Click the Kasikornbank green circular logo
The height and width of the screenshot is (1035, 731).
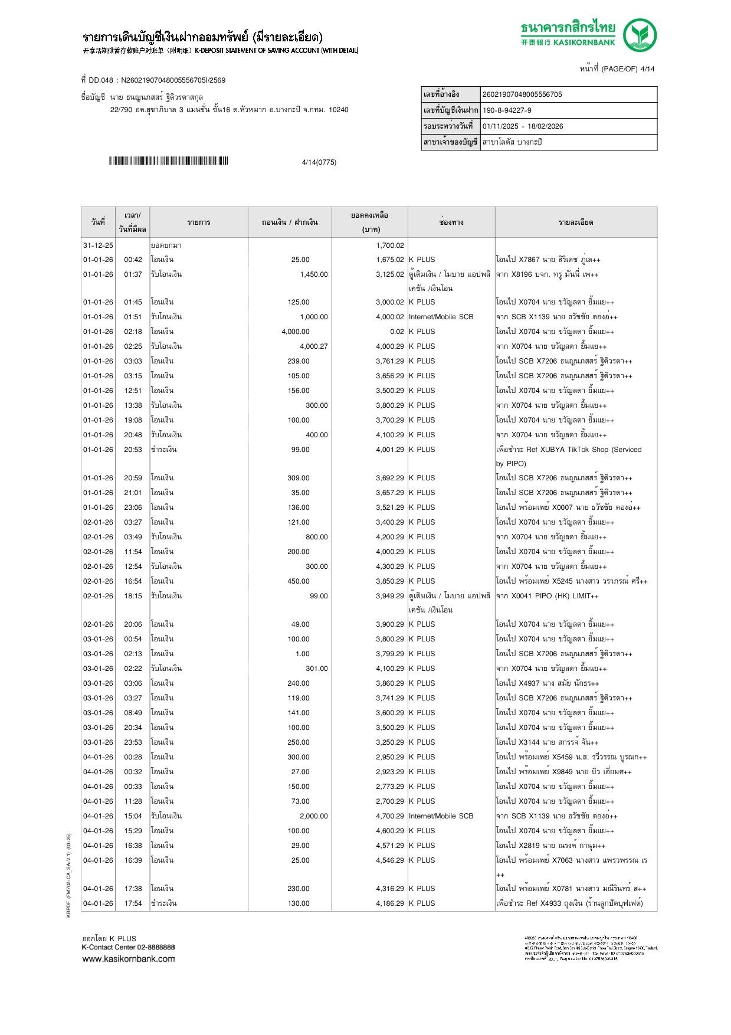pos(640,35)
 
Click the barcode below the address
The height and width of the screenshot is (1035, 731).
pos(168,161)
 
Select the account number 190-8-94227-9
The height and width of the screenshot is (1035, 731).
pos(507,110)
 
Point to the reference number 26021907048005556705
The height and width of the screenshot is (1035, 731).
pos(522,94)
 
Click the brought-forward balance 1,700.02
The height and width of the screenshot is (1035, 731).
pos(390,245)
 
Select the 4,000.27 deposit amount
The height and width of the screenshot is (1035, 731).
pos(313,346)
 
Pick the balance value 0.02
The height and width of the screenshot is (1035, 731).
pos(397,332)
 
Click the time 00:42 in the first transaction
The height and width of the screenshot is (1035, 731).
pos(133,260)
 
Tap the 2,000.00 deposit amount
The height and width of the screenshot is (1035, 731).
pos(313,816)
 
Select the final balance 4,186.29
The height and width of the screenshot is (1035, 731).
pos(390,903)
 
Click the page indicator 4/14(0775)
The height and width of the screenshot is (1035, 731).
pos(319,162)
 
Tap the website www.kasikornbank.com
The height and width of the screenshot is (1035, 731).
pos(129,959)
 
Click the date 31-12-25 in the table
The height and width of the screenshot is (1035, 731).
pos(98,245)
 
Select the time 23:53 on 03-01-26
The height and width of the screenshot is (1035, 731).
pos(133,742)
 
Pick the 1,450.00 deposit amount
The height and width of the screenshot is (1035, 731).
pos(313,274)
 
